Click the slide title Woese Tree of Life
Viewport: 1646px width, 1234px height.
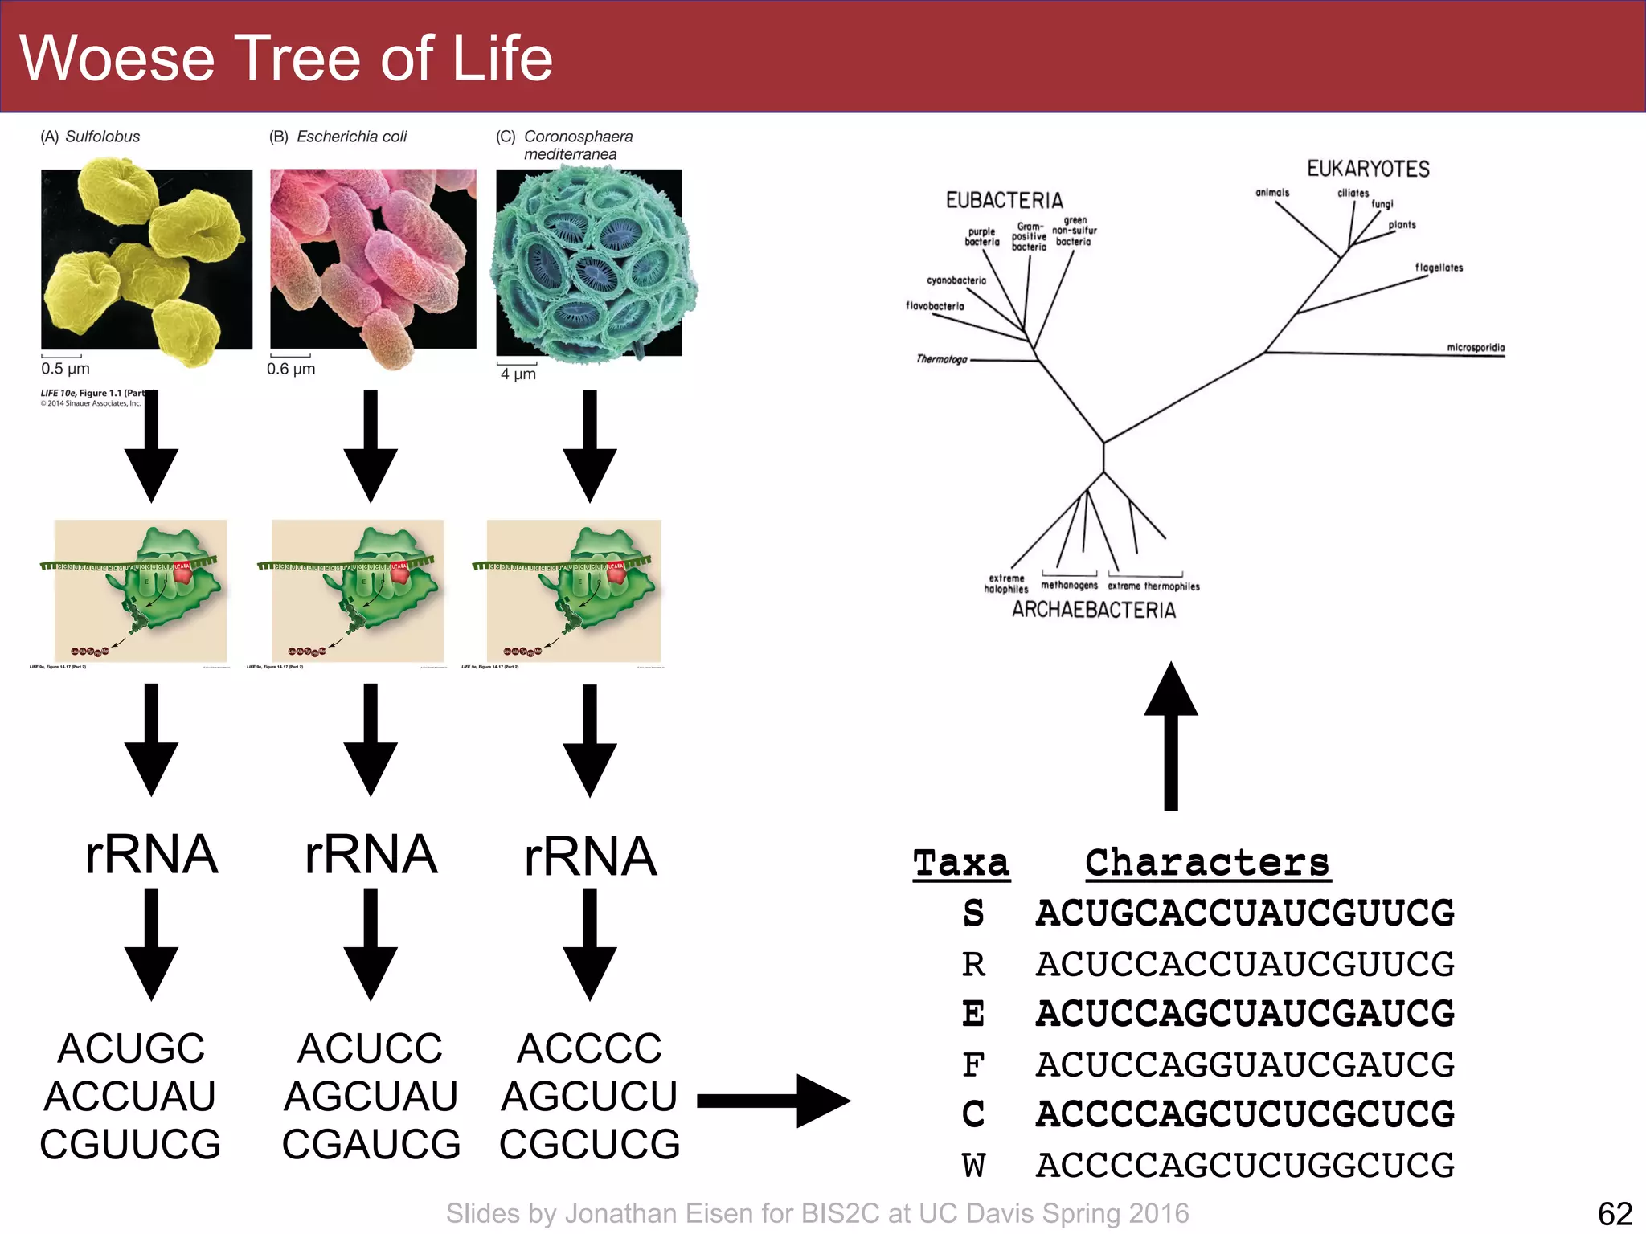[285, 58]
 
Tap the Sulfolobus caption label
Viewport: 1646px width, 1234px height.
[90, 137]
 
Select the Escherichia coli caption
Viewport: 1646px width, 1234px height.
[338, 137]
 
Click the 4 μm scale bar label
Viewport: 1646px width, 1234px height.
[518, 374]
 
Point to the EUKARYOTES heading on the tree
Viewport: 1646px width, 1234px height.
[1368, 169]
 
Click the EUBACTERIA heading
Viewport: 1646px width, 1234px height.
[1004, 200]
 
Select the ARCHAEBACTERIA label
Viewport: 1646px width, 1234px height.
[1093, 610]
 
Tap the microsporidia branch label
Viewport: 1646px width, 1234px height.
[1476, 347]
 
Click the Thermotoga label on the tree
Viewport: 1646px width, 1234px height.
[941, 359]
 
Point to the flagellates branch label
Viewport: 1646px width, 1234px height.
[1439, 268]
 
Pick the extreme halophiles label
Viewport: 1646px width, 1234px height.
[1006, 583]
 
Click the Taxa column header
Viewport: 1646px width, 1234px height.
[961, 864]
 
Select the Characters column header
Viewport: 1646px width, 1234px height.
[1206, 864]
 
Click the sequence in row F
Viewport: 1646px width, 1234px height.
[1245, 1064]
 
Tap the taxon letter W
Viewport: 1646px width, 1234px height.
[973, 1165]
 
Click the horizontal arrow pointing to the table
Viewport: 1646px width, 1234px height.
[772, 1101]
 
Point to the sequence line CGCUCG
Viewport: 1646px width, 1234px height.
[589, 1144]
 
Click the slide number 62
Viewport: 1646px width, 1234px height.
[1615, 1213]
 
